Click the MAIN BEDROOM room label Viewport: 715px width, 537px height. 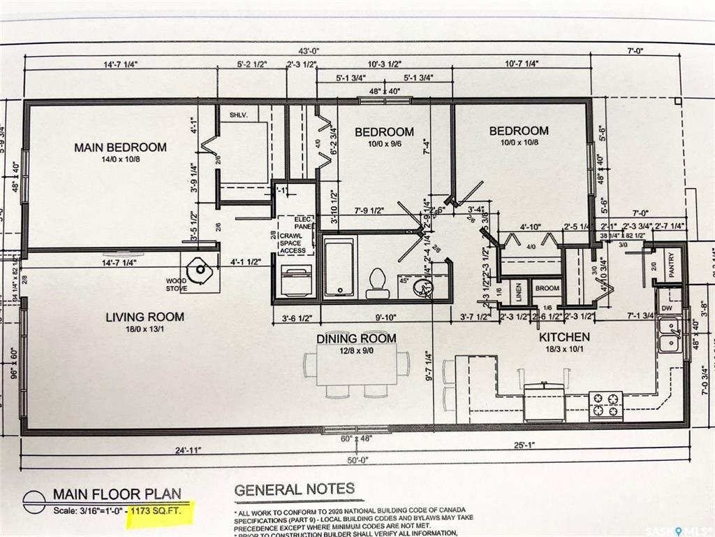[x=121, y=148]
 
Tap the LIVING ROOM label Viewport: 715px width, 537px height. [x=145, y=317]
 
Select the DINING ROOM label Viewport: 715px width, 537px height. [x=356, y=338]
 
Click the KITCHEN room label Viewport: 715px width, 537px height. [x=564, y=337]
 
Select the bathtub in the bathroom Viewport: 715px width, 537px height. [x=340, y=266]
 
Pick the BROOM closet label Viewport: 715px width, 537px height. [x=547, y=288]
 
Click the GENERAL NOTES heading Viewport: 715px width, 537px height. [x=294, y=489]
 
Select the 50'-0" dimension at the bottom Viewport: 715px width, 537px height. [x=356, y=460]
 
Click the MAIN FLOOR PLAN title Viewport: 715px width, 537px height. [x=119, y=495]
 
